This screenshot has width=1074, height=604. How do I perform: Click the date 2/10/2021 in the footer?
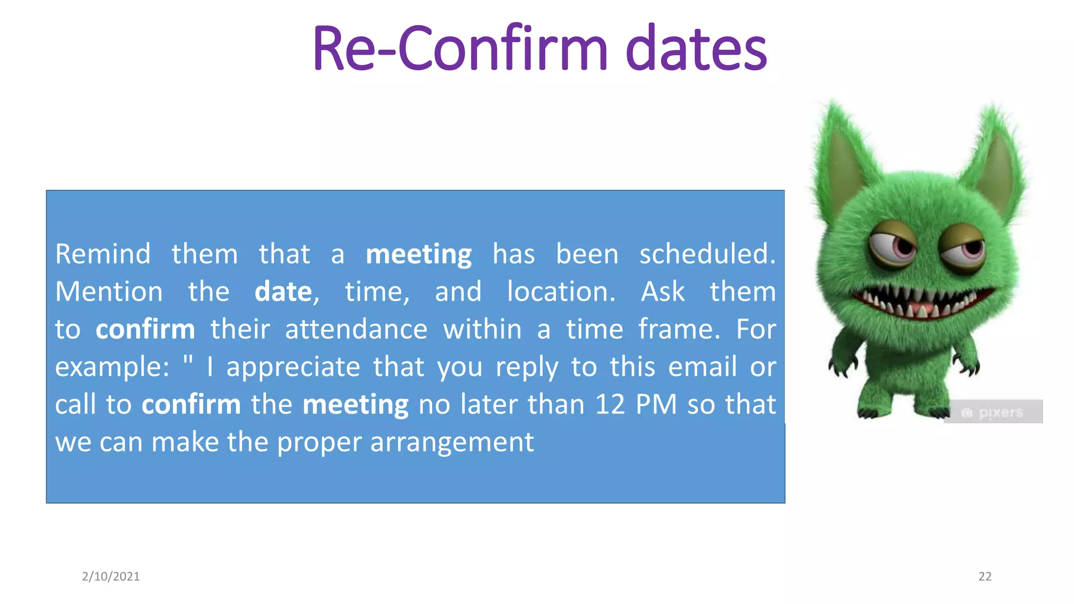click(111, 576)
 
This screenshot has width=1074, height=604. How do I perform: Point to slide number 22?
click(985, 576)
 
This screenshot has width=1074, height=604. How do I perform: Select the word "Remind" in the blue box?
click(103, 254)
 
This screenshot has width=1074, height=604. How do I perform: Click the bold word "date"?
click(283, 292)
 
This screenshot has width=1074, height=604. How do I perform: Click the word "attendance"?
click(356, 330)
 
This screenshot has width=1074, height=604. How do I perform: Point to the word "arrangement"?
click(452, 443)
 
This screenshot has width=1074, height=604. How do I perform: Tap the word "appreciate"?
click(293, 367)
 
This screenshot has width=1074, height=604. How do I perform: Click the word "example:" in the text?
click(112, 367)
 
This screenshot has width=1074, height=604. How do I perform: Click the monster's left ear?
click(843, 152)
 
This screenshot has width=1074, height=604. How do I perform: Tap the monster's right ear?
click(996, 157)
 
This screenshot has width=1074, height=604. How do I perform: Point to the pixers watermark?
click(993, 413)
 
